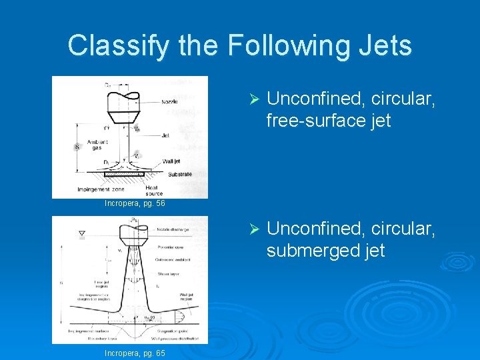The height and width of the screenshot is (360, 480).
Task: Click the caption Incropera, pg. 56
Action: (x=135, y=203)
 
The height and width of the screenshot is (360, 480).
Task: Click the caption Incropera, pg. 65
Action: (x=135, y=353)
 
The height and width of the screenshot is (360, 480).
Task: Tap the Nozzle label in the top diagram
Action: (x=169, y=103)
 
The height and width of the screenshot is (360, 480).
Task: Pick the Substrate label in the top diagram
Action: (x=180, y=175)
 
